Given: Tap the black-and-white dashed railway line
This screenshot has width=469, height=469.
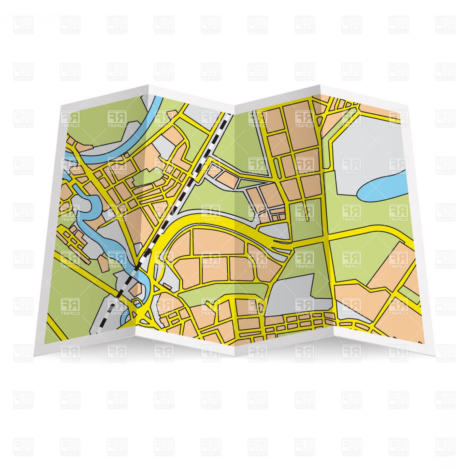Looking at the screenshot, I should (182, 195).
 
